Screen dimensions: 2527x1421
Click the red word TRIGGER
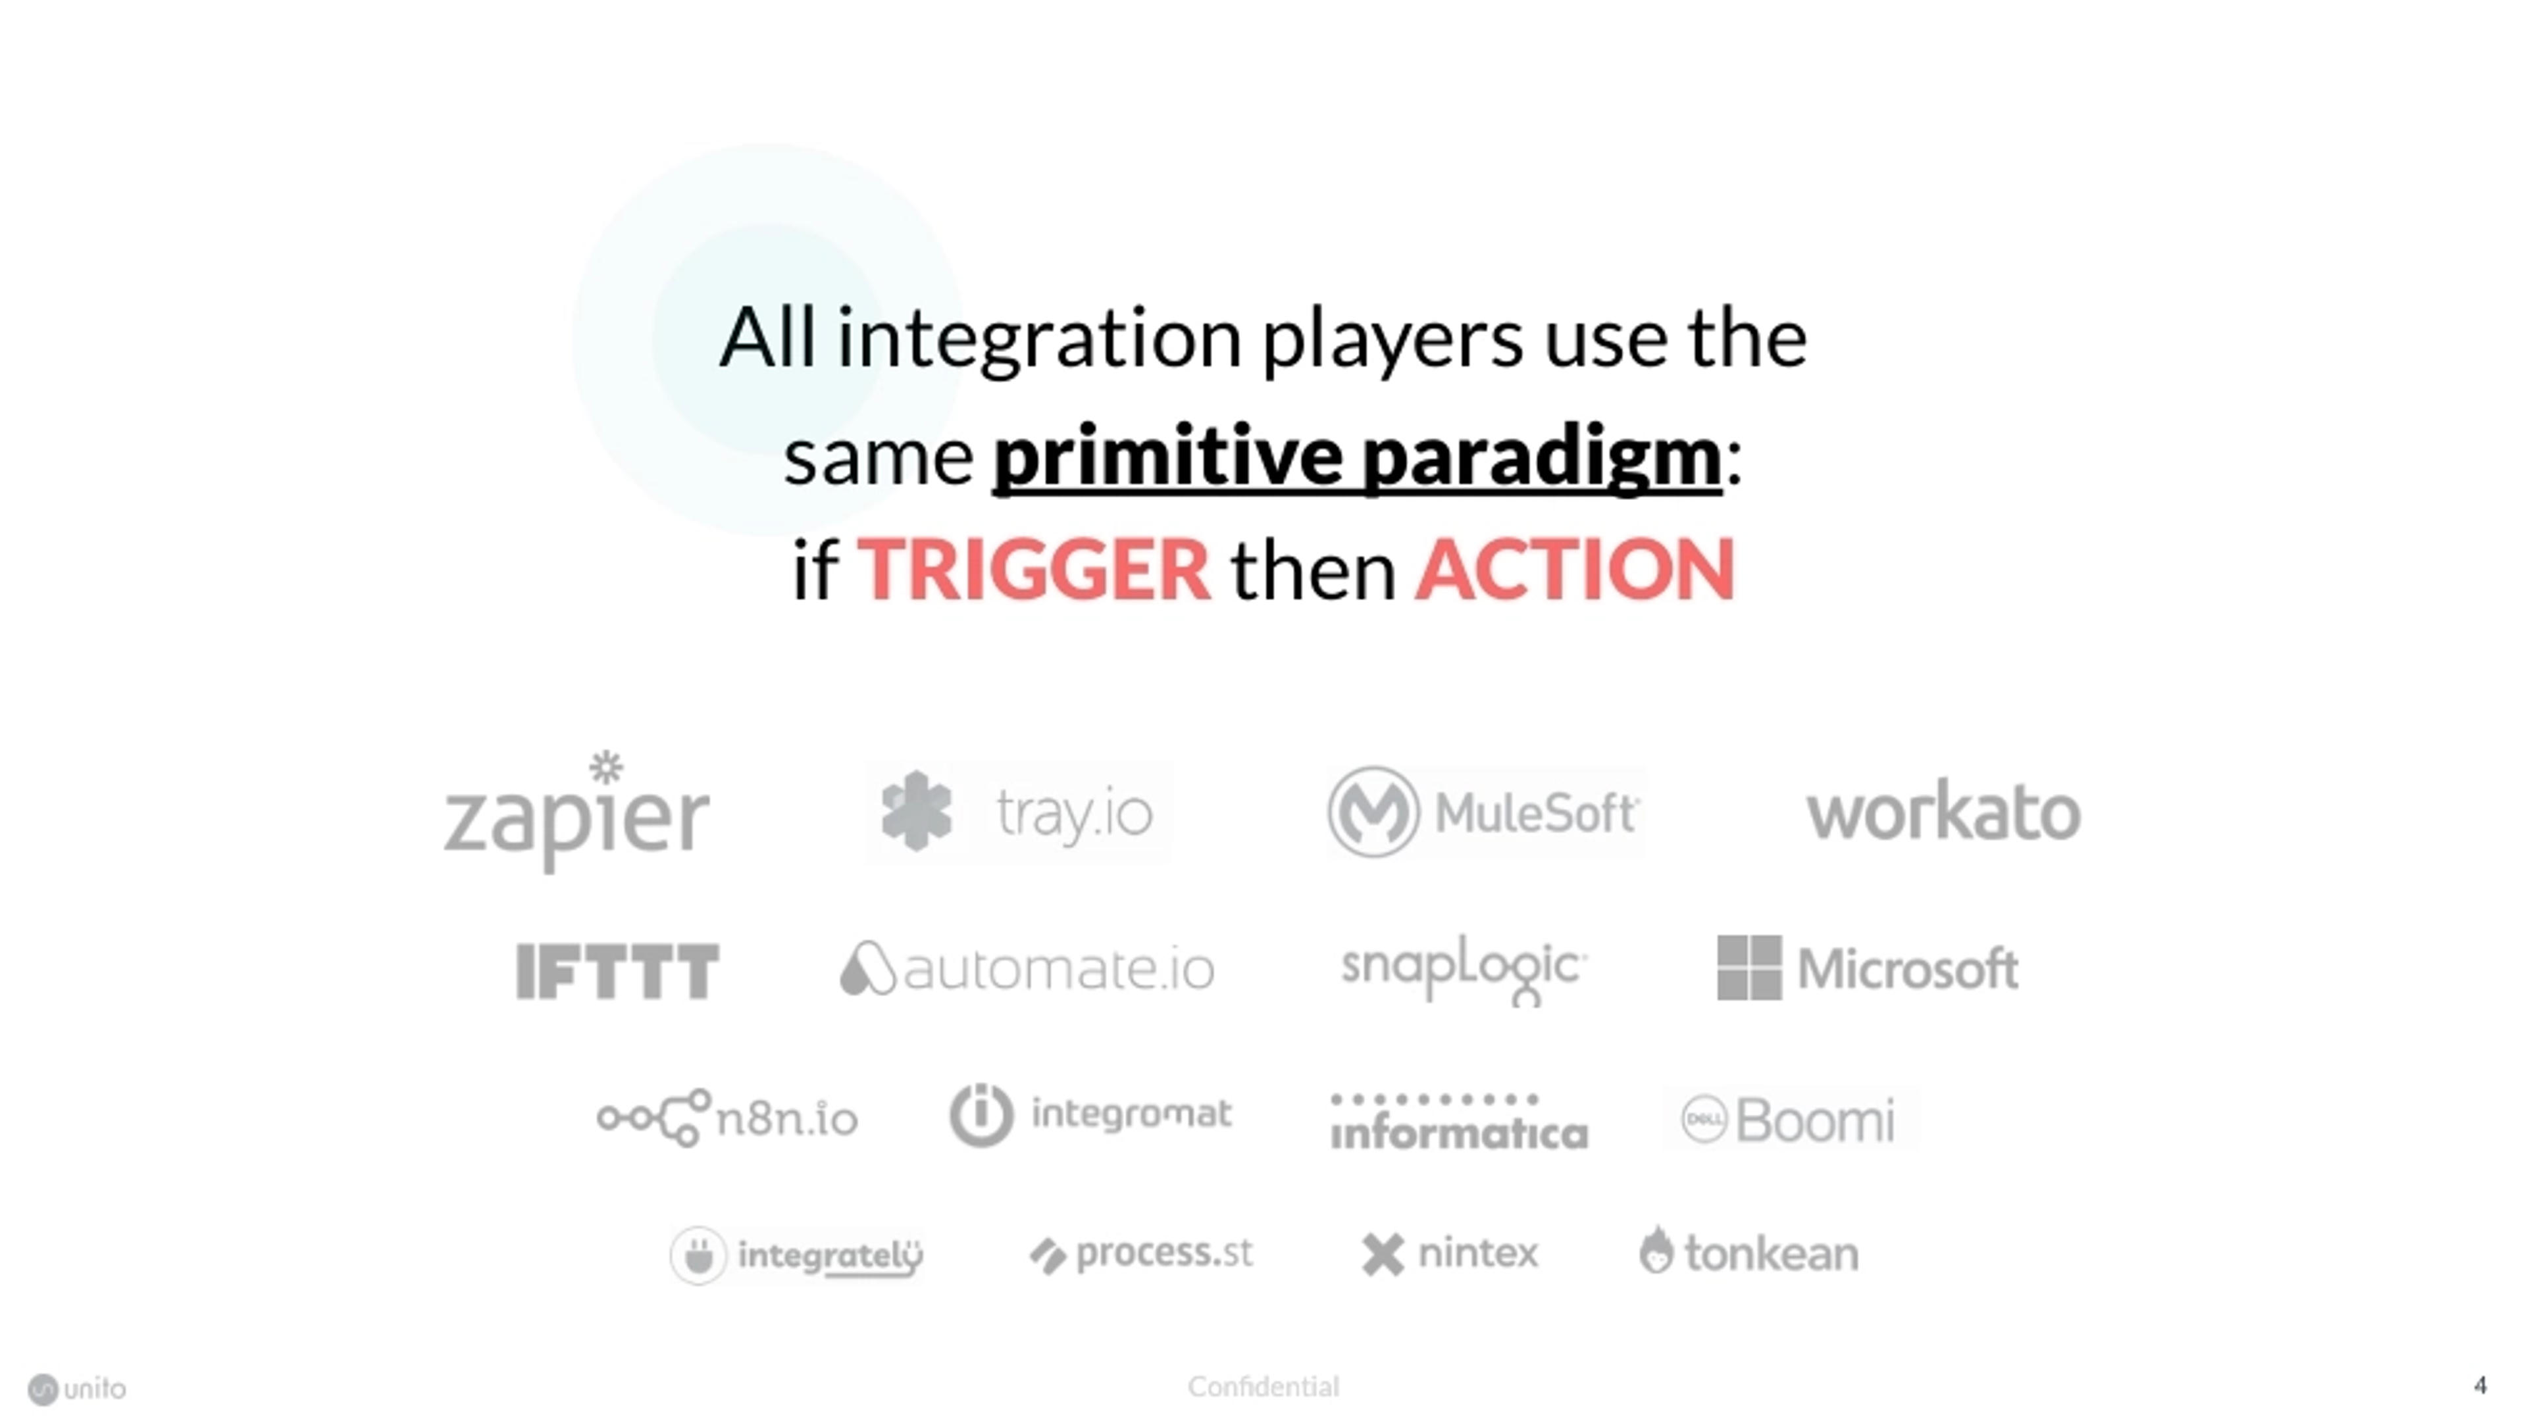click(x=1034, y=569)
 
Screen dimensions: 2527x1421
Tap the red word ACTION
click(x=1575, y=569)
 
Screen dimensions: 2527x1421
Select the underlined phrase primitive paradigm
click(x=1358, y=457)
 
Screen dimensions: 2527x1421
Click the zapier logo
click(x=577, y=812)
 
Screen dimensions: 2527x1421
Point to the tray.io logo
click(x=1018, y=813)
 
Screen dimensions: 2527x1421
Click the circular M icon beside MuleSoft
click(x=1373, y=812)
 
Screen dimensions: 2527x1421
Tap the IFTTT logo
click(x=618, y=971)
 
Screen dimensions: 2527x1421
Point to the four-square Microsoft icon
click(x=1749, y=968)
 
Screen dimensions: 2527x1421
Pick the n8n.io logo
click(x=727, y=1118)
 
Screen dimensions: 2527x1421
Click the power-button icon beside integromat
click(x=981, y=1115)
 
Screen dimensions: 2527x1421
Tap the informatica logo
click(x=1459, y=1122)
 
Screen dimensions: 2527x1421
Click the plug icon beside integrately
click(x=698, y=1255)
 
